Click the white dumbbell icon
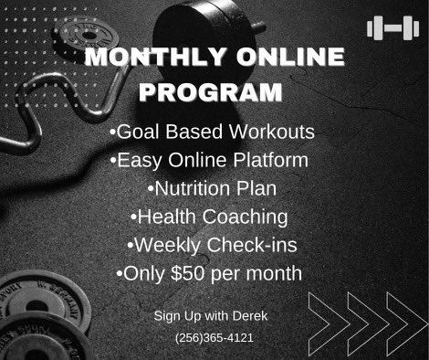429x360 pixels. pyautogui.click(x=392, y=28)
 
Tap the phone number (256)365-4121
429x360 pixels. pyautogui.click(x=214, y=338)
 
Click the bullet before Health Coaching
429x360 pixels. pyautogui.click(x=133, y=217)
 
